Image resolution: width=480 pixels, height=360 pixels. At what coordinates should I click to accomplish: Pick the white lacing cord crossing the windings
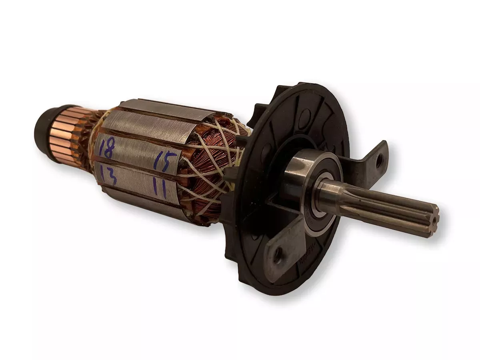coord(224,152)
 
